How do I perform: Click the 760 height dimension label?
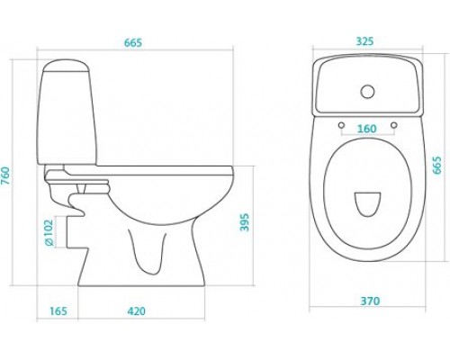(6, 176)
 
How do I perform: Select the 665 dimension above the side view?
(133, 43)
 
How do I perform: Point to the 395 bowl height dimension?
(245, 222)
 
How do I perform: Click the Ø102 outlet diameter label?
(49, 232)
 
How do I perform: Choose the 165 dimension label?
(58, 311)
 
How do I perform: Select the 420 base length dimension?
(137, 311)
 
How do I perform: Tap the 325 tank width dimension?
(365, 41)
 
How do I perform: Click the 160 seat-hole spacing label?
(367, 129)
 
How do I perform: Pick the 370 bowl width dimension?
(370, 301)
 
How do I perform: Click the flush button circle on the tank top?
(367, 92)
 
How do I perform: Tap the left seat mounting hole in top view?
(341, 125)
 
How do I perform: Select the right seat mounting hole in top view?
(394, 125)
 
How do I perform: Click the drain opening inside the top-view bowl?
(367, 203)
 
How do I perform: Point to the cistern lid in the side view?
(66, 65)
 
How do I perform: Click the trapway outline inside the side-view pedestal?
(148, 252)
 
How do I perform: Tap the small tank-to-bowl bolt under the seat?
(82, 188)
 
